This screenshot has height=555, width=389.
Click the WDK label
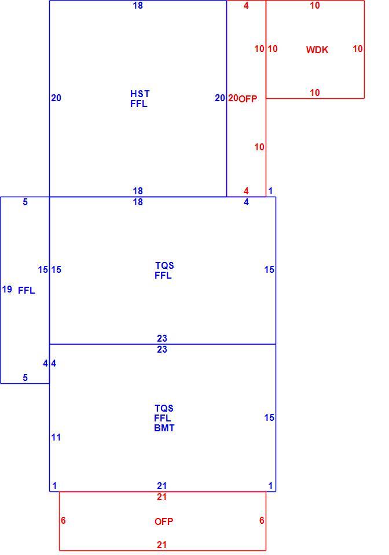coord(317,50)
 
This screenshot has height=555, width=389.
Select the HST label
coord(140,94)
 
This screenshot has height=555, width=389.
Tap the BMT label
coord(164,428)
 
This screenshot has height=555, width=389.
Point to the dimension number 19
coord(7,289)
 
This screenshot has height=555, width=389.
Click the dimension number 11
coord(56,437)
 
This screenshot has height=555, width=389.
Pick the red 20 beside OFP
coord(233,98)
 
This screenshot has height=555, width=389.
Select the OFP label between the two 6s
coord(164,521)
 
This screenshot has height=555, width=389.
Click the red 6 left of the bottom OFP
coord(63,520)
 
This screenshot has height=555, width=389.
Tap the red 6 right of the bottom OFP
coord(262,520)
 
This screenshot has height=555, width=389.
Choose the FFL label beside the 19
coord(27,290)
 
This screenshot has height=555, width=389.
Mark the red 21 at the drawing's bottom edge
coord(162,545)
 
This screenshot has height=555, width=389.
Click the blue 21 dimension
coord(162,486)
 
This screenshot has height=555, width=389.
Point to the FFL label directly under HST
coord(139,103)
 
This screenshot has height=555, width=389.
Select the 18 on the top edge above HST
coord(138,5)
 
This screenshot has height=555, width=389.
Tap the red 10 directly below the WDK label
coord(315,92)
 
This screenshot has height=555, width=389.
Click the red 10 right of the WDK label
coord(358,49)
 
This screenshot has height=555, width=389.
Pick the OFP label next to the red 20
coord(248,99)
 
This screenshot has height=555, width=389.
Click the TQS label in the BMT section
coord(164,408)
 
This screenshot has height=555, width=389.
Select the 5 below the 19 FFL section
coord(25,378)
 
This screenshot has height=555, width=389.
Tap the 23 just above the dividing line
coord(162,338)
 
